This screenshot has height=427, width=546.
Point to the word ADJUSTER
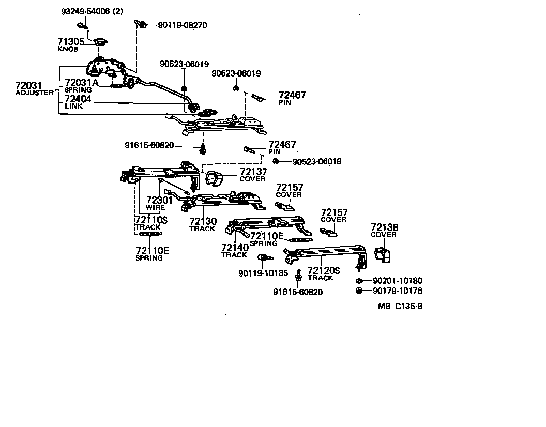[34, 93]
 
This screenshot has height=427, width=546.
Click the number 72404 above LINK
[78, 98]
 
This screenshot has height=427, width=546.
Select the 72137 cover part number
[253, 172]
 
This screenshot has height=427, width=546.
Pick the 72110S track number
[151, 220]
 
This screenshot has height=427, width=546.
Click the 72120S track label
[324, 270]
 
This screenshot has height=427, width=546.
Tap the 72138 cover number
[384, 227]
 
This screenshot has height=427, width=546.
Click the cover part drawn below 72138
[382, 254]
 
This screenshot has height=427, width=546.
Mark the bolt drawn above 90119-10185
[262, 257]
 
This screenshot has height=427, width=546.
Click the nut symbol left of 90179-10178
[358, 291]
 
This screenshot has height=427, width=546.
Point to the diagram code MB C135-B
[400, 306]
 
